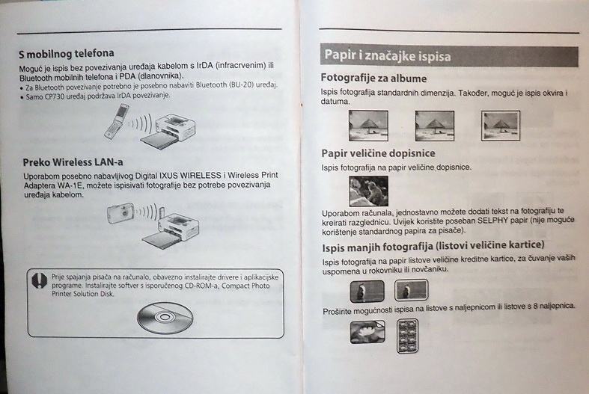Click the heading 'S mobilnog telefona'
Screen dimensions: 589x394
[67, 54]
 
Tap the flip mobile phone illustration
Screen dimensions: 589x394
[117, 122]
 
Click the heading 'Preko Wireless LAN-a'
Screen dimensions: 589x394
[73, 162]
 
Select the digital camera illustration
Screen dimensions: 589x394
[120, 213]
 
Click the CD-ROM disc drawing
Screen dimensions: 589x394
[165, 318]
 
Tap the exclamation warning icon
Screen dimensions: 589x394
[39, 280]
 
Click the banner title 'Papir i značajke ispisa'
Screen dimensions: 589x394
[388, 55]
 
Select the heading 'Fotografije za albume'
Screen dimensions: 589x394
[373, 78]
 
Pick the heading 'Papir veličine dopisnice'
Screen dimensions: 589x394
[378, 153]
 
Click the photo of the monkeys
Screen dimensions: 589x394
[368, 191]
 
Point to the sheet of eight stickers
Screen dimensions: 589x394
[408, 336]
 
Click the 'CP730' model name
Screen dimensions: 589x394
[55, 96]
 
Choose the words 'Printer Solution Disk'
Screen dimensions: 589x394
[82, 294]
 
